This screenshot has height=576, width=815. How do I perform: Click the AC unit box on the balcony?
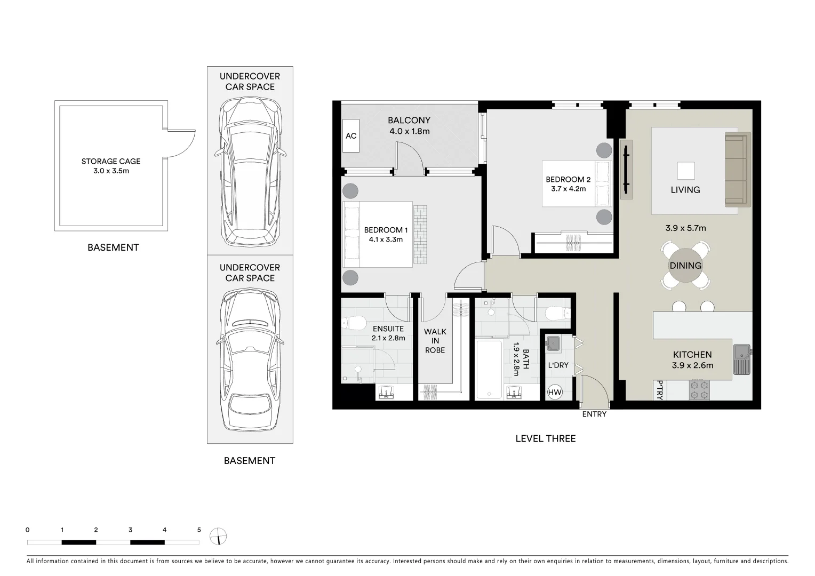point(351,136)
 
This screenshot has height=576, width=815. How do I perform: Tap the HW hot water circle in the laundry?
point(555,393)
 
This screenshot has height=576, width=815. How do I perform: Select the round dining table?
point(685,266)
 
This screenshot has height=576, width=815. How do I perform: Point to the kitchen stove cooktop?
point(699,390)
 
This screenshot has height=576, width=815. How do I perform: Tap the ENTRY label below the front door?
point(594,414)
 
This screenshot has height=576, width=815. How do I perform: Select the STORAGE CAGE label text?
point(111,161)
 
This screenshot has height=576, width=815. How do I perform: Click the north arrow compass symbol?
point(219,536)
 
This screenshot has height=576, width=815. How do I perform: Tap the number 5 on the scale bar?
point(199,530)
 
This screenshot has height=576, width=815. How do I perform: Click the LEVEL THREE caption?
point(545,438)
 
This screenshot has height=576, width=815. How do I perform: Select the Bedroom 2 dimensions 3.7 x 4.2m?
point(568,189)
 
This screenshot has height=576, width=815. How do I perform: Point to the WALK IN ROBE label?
point(435,341)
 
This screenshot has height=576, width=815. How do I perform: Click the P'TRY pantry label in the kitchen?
point(660,390)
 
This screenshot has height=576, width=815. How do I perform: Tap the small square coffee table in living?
point(686,171)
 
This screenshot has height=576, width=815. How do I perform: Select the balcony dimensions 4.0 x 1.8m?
point(409,131)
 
